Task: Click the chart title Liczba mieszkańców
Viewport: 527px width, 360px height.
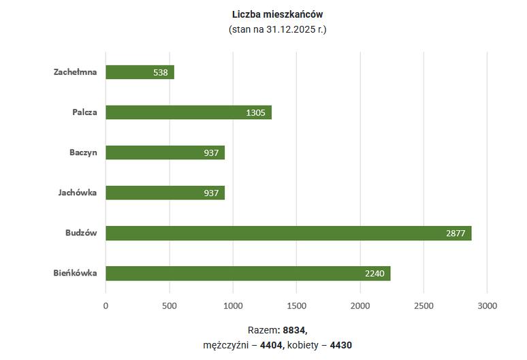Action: click(x=277, y=14)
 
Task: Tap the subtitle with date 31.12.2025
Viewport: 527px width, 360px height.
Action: click(x=277, y=30)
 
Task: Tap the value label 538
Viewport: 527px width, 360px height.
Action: click(x=162, y=72)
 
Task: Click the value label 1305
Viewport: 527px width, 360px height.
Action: click(x=255, y=112)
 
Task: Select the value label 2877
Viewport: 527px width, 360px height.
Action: click(x=456, y=233)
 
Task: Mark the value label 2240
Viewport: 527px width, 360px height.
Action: click(x=374, y=274)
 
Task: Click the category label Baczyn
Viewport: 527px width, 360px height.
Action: click(x=83, y=152)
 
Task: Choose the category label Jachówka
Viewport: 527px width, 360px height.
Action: click(x=78, y=193)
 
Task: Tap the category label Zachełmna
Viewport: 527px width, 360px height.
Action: click(x=75, y=72)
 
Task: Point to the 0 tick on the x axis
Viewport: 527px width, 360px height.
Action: click(x=106, y=306)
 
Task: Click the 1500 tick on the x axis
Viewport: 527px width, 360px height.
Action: click(x=296, y=306)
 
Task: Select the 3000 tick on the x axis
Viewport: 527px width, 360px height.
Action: click(x=488, y=306)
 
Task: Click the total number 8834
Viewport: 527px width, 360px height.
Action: click(x=296, y=329)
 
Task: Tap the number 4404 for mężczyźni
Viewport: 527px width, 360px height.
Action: click(x=272, y=345)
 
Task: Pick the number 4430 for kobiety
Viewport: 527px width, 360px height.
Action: click(x=340, y=345)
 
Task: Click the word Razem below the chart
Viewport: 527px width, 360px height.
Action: click(x=263, y=329)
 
